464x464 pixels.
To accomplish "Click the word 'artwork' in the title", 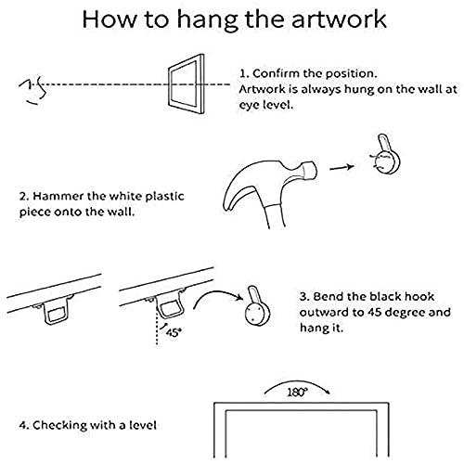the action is (339, 19).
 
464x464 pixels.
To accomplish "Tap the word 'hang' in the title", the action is (208, 21).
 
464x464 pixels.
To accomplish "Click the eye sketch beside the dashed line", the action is (33, 92).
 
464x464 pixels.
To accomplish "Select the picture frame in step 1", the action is (187, 84).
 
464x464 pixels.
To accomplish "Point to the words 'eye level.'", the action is (265, 105).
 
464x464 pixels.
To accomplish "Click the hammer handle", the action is (274, 216).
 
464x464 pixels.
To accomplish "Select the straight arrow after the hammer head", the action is (342, 167).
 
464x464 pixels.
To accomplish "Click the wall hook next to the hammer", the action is (386, 155).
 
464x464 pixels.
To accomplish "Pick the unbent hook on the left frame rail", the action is (57, 313).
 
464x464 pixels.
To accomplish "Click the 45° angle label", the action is (174, 332).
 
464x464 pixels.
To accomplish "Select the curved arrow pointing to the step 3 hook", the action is (216, 292).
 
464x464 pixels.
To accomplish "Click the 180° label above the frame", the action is (298, 393).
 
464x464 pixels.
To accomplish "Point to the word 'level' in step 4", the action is (143, 425).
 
